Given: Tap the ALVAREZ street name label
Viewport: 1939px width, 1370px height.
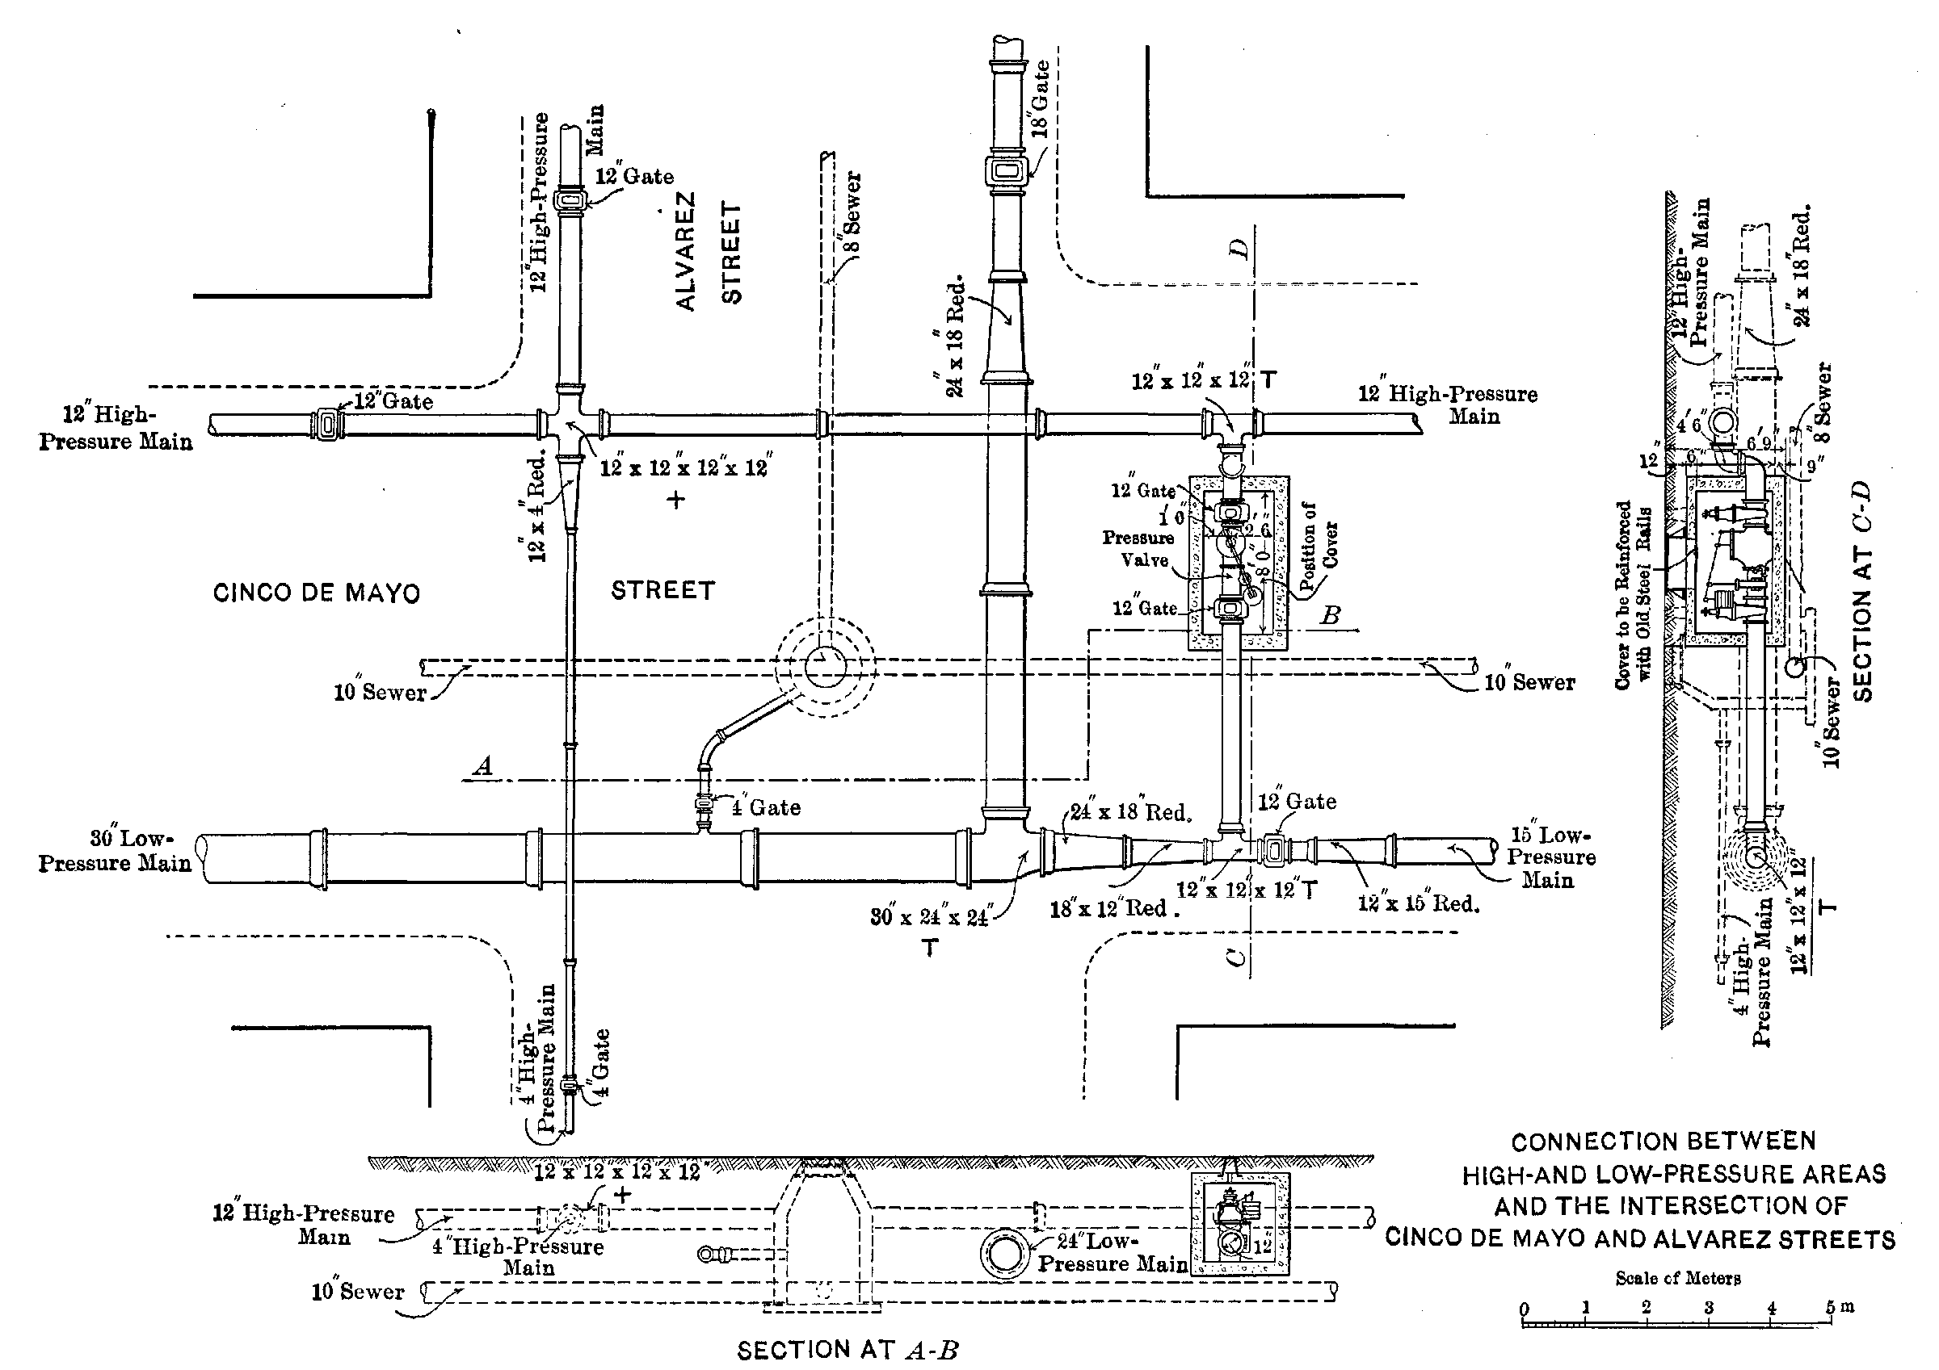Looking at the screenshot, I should coord(686,251).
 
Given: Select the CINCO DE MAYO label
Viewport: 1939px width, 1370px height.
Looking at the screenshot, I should coord(316,593).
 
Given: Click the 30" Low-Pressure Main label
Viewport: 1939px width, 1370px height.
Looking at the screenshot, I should coord(116,851).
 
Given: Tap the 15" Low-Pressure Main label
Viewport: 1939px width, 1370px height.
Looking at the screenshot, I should coord(1550,857).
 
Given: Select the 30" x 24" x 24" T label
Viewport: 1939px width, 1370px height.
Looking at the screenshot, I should coord(931,918).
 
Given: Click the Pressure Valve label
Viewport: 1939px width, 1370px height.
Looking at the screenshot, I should coord(1138,549).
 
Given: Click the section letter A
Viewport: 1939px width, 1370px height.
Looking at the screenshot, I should coord(483,766).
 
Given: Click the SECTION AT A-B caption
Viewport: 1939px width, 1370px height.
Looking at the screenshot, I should coord(848,1351).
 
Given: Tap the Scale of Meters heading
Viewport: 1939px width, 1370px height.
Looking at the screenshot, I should coord(1678,1278).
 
